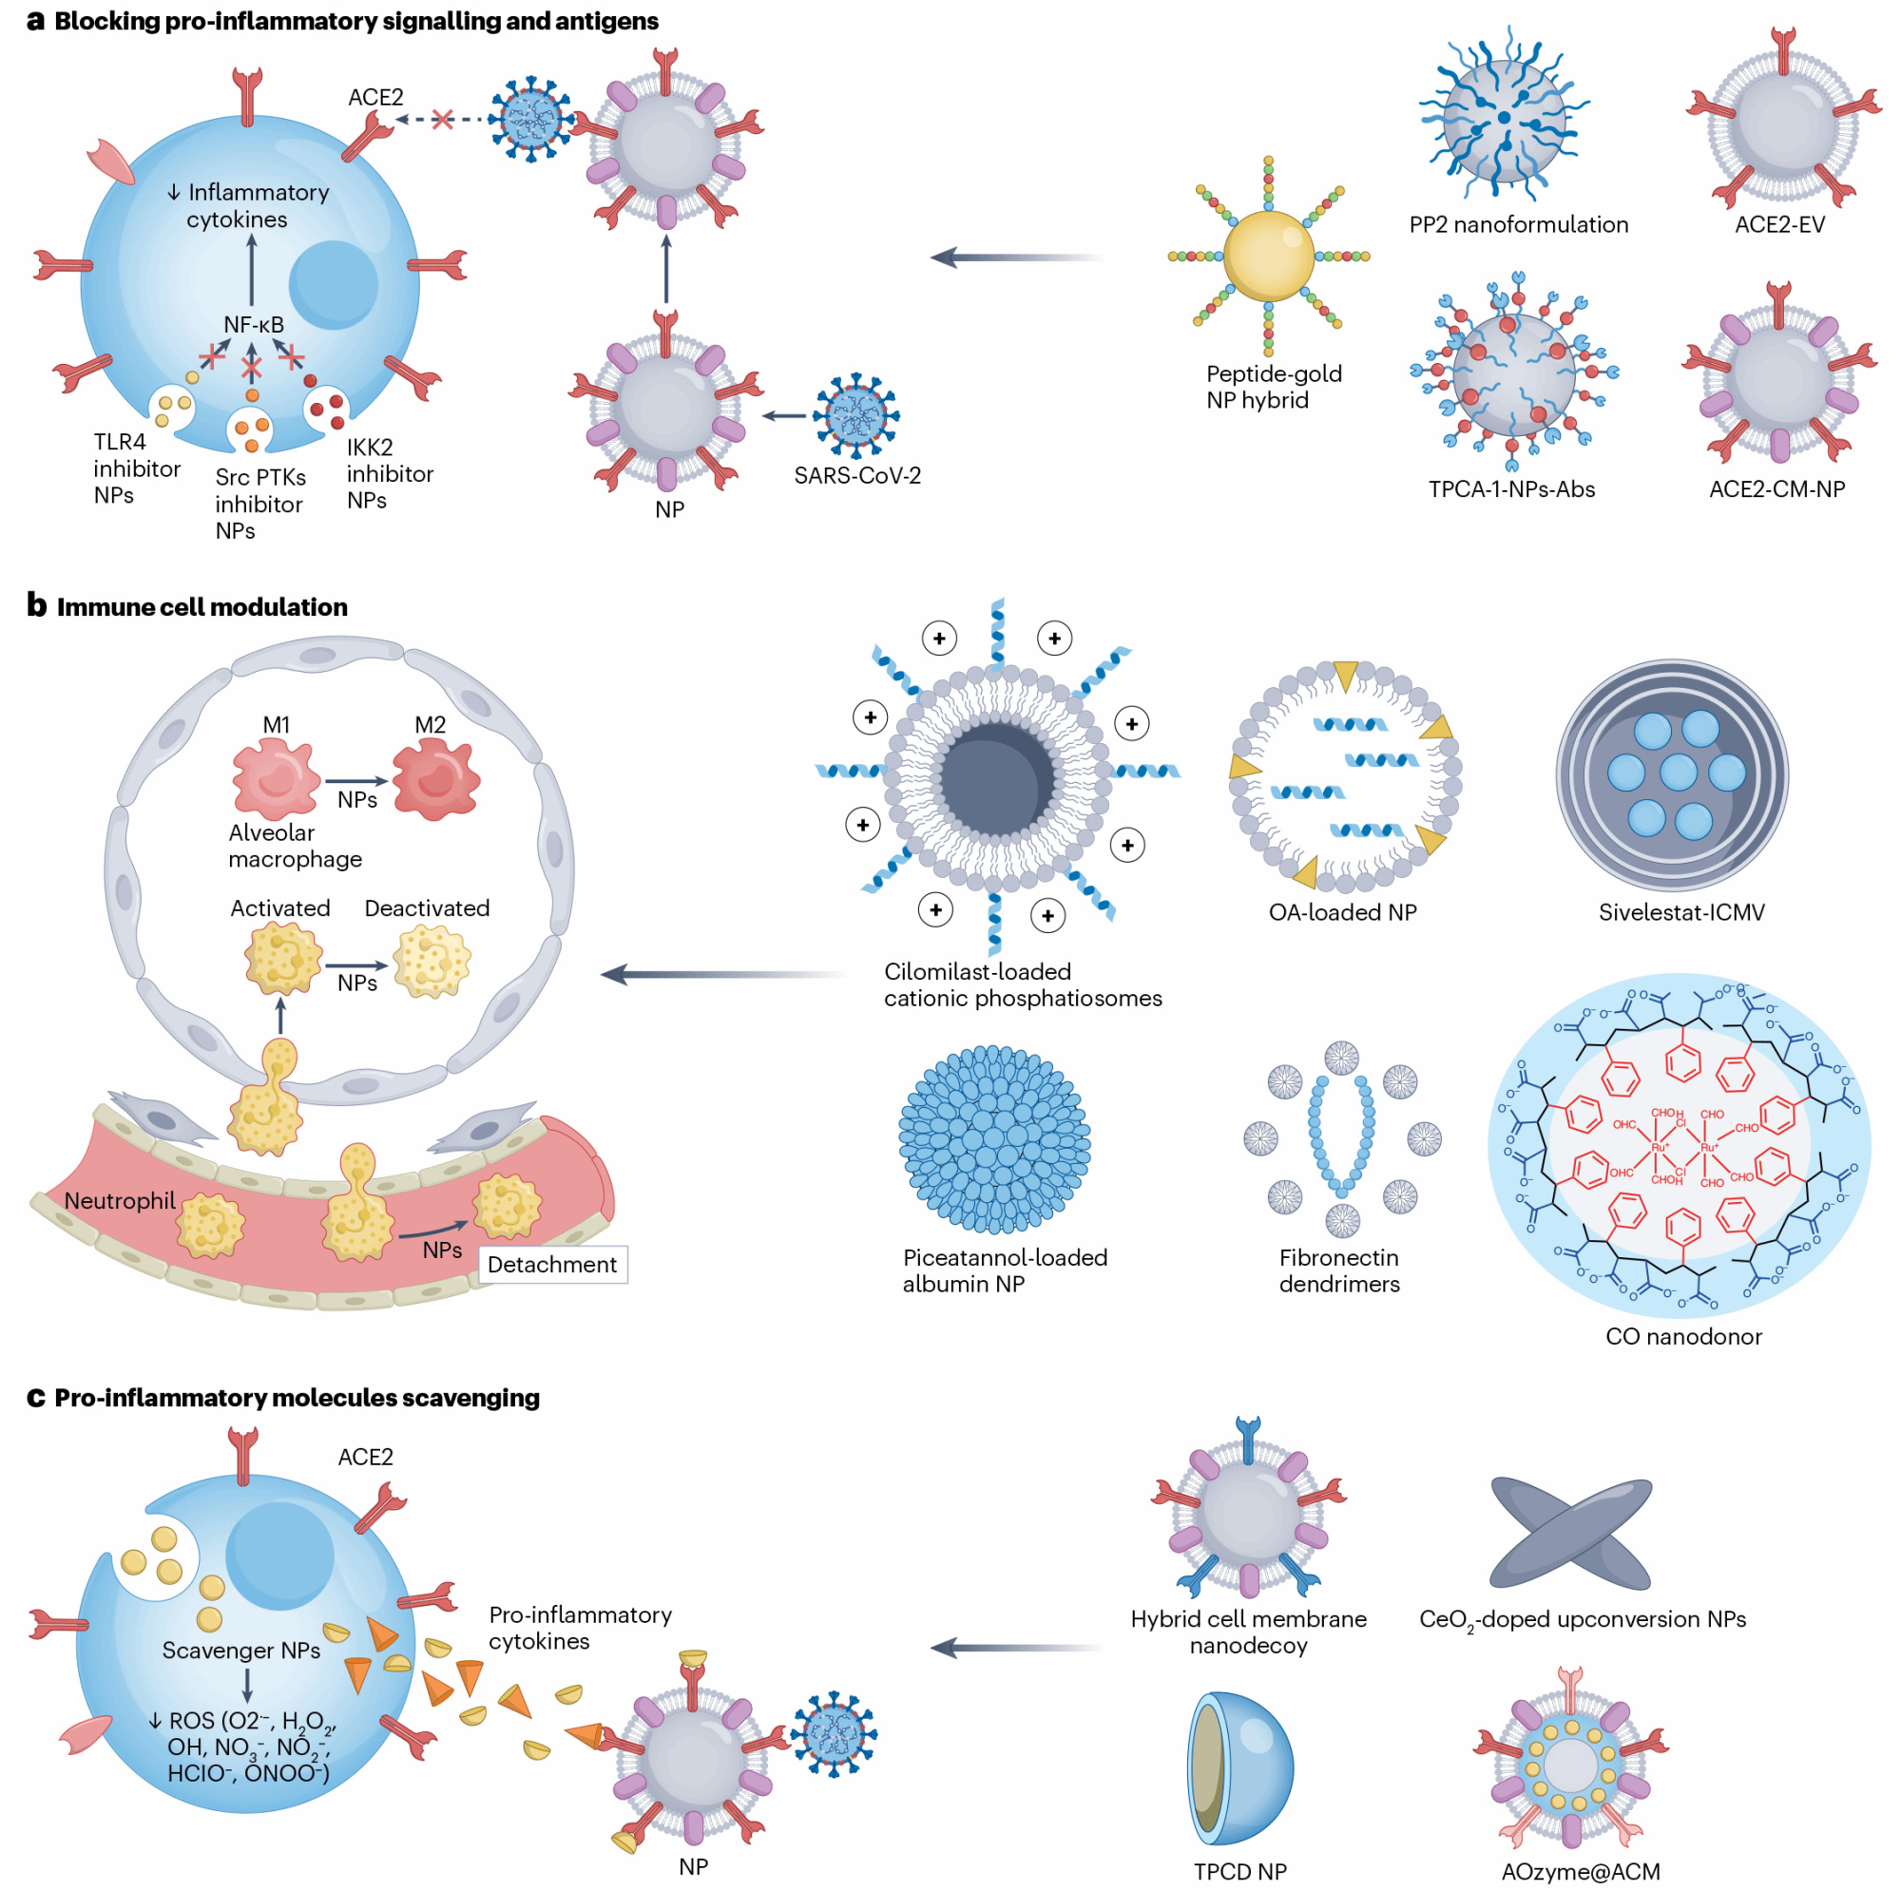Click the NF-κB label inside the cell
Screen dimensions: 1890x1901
pos(253,325)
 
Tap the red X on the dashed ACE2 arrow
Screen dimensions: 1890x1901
pos(442,119)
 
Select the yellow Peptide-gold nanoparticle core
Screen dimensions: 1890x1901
pos(1267,256)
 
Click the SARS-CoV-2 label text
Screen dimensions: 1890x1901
pos(856,476)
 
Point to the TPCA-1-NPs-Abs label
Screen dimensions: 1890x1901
pos(1510,489)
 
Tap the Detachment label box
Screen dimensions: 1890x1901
pos(552,1264)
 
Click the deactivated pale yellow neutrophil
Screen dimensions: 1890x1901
pos(432,962)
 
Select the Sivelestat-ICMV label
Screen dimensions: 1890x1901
pos(1680,912)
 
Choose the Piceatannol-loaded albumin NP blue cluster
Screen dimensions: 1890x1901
pos(994,1139)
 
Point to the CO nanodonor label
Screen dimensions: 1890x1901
pos(1682,1336)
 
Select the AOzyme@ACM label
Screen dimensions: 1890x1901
pos(1581,1871)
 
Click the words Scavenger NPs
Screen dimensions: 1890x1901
pos(241,1650)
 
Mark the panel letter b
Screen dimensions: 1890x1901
pos(36,605)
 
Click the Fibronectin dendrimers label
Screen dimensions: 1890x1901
pos(1338,1270)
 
